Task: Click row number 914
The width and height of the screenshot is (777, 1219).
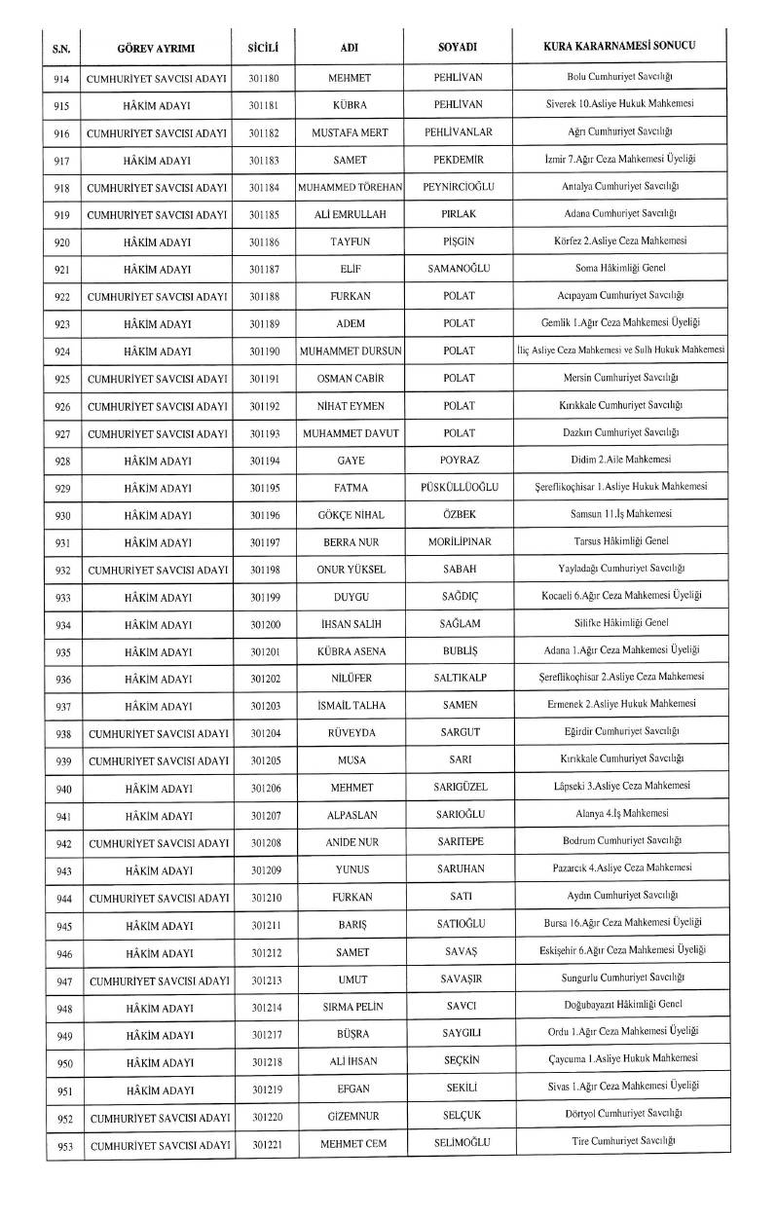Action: click(x=62, y=76)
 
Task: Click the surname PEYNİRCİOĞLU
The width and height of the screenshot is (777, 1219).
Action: click(x=457, y=185)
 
